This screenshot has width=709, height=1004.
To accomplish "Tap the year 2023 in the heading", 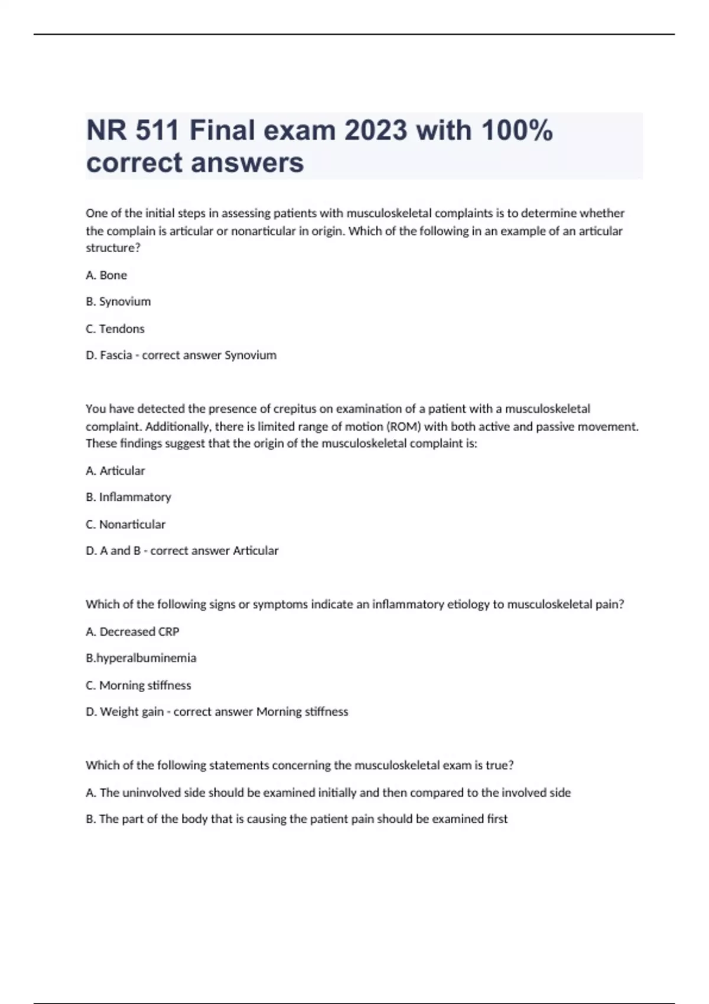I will pos(376,131).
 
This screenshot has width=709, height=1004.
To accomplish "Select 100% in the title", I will pos(517,131).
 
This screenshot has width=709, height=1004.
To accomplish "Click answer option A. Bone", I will pos(106,275).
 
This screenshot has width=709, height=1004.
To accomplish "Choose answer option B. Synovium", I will pos(118,302).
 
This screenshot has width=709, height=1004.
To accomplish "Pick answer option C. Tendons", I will pos(115,329).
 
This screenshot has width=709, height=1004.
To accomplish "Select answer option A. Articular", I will pos(115,471).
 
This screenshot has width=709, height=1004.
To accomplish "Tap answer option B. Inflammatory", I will pos(128,497).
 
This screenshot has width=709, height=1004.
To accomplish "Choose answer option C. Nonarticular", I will pos(125,524).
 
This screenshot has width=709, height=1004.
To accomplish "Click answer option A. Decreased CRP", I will pos(132,632).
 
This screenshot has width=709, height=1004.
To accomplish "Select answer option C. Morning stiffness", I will pos(138,686).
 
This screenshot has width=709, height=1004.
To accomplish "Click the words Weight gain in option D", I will pos(132,712).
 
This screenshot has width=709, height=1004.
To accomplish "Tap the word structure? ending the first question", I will pos(113,248).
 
